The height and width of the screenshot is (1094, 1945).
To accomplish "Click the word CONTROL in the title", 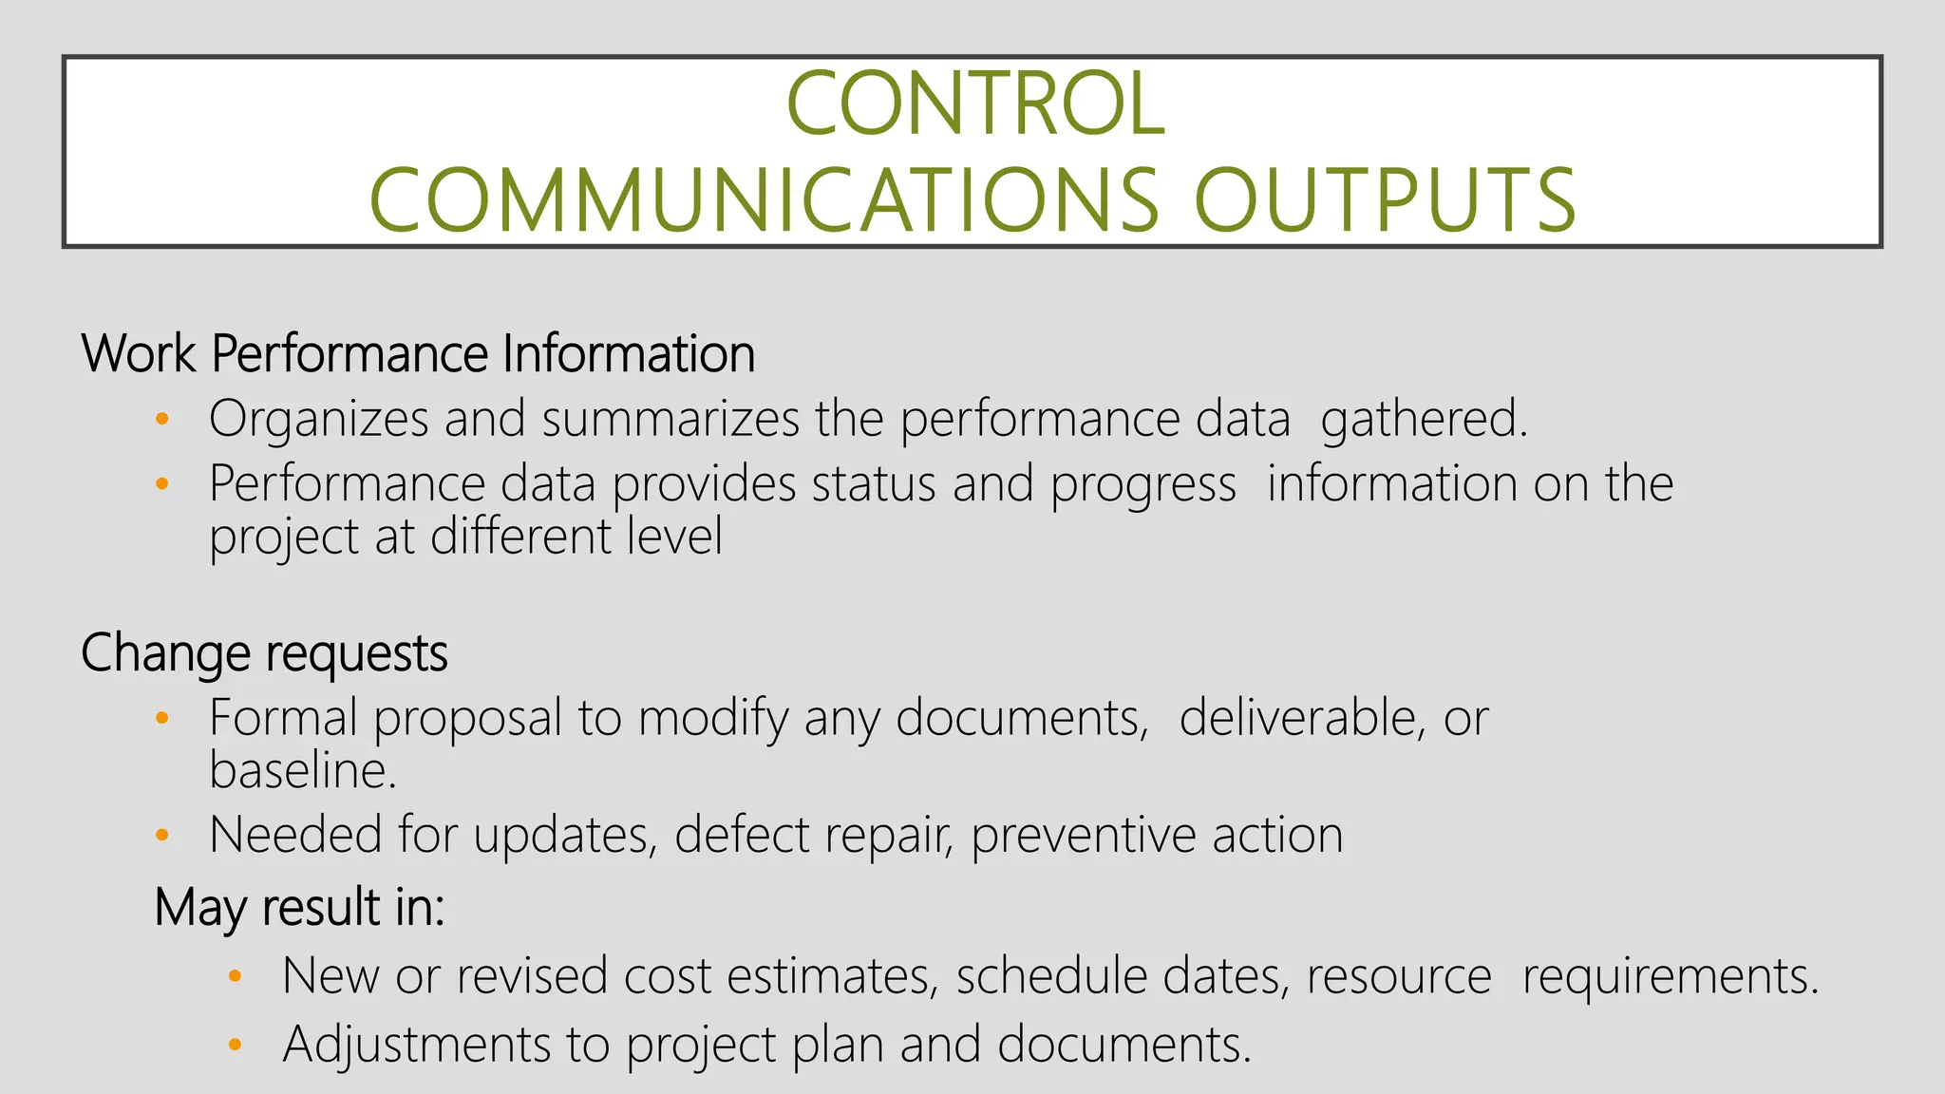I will click(975, 104).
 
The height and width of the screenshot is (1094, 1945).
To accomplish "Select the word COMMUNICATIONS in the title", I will click(764, 200).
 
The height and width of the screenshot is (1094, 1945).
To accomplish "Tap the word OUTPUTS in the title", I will click(1385, 200).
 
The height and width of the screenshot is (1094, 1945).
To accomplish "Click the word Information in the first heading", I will click(629, 354).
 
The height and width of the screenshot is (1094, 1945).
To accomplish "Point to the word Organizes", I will click(318, 420).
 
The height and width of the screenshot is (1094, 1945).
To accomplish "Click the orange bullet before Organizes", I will click(162, 419).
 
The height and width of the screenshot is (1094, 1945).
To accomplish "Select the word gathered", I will click(1424, 420).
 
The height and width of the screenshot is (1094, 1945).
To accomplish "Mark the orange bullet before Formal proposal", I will click(162, 719).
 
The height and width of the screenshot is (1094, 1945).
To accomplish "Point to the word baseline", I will click(302, 770).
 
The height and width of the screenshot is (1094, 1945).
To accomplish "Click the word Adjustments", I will click(416, 1045).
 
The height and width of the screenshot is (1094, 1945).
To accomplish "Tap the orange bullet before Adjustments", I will click(236, 1046).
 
